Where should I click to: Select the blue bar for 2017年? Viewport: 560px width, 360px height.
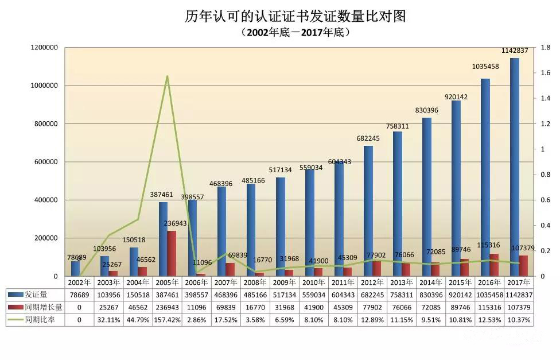[515, 167]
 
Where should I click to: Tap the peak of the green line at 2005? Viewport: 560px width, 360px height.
[167, 76]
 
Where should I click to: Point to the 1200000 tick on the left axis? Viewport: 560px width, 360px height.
[44, 48]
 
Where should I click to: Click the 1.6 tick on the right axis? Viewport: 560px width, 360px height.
[546, 73]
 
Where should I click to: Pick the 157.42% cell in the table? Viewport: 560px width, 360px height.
[167, 319]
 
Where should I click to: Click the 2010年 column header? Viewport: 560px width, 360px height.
[313, 282]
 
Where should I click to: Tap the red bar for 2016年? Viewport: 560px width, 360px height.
[494, 265]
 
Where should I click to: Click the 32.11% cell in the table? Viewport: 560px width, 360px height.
[108, 319]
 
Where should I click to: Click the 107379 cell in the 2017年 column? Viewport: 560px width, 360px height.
[518, 307]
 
